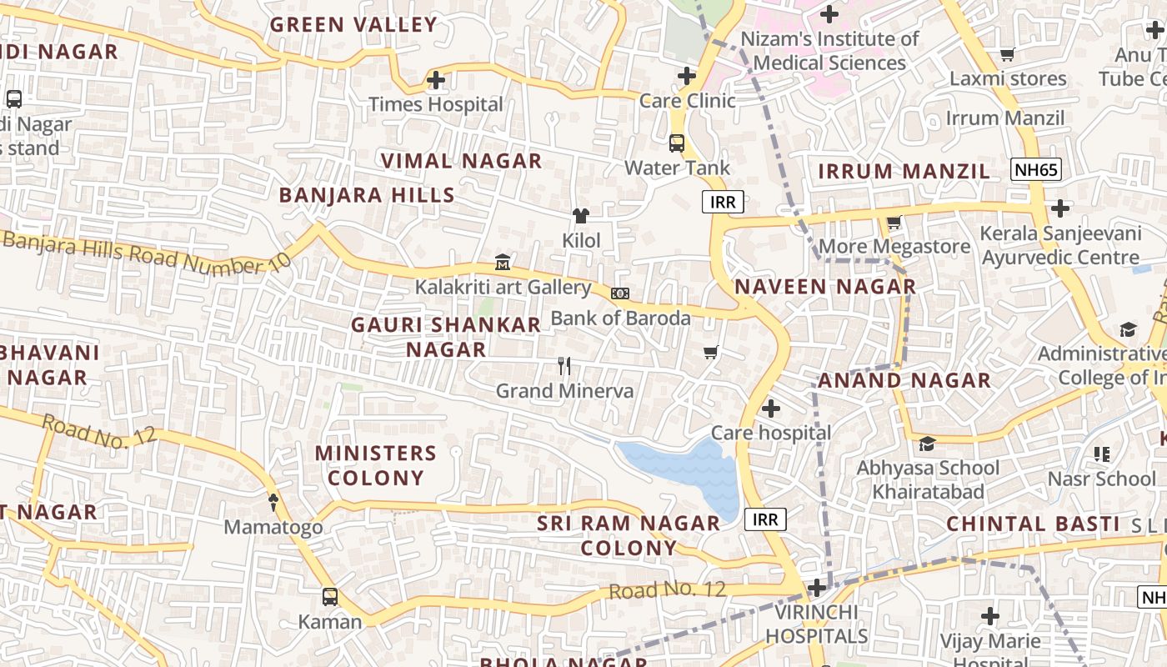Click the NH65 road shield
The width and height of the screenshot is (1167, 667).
coord(1036,170)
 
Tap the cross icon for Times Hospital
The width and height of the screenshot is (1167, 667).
coord(435,81)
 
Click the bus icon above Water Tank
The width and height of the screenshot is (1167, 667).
coord(677,143)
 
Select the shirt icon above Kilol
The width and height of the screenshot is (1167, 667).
coord(581,216)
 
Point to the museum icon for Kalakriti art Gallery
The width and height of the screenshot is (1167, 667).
coord(503,263)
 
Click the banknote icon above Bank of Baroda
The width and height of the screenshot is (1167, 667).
coord(619,293)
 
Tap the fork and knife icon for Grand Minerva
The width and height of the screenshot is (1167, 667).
coord(564,365)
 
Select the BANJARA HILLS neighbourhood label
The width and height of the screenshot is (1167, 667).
coord(367,195)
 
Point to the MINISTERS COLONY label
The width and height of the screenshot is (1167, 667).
coord(375,465)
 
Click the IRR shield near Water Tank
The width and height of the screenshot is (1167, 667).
coord(723,202)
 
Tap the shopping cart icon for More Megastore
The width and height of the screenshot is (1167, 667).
coord(894,223)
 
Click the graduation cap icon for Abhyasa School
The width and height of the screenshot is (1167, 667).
coord(927,443)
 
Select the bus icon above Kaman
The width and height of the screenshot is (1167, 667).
coord(330,597)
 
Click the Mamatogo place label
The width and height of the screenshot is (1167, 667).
coord(273,528)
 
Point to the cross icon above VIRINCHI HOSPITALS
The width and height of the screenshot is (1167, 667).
coord(817,588)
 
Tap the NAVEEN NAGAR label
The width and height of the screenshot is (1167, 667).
coord(825,287)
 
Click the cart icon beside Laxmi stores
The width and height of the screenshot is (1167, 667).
coord(1007,55)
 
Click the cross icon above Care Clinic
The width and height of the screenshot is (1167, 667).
coord(686,76)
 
